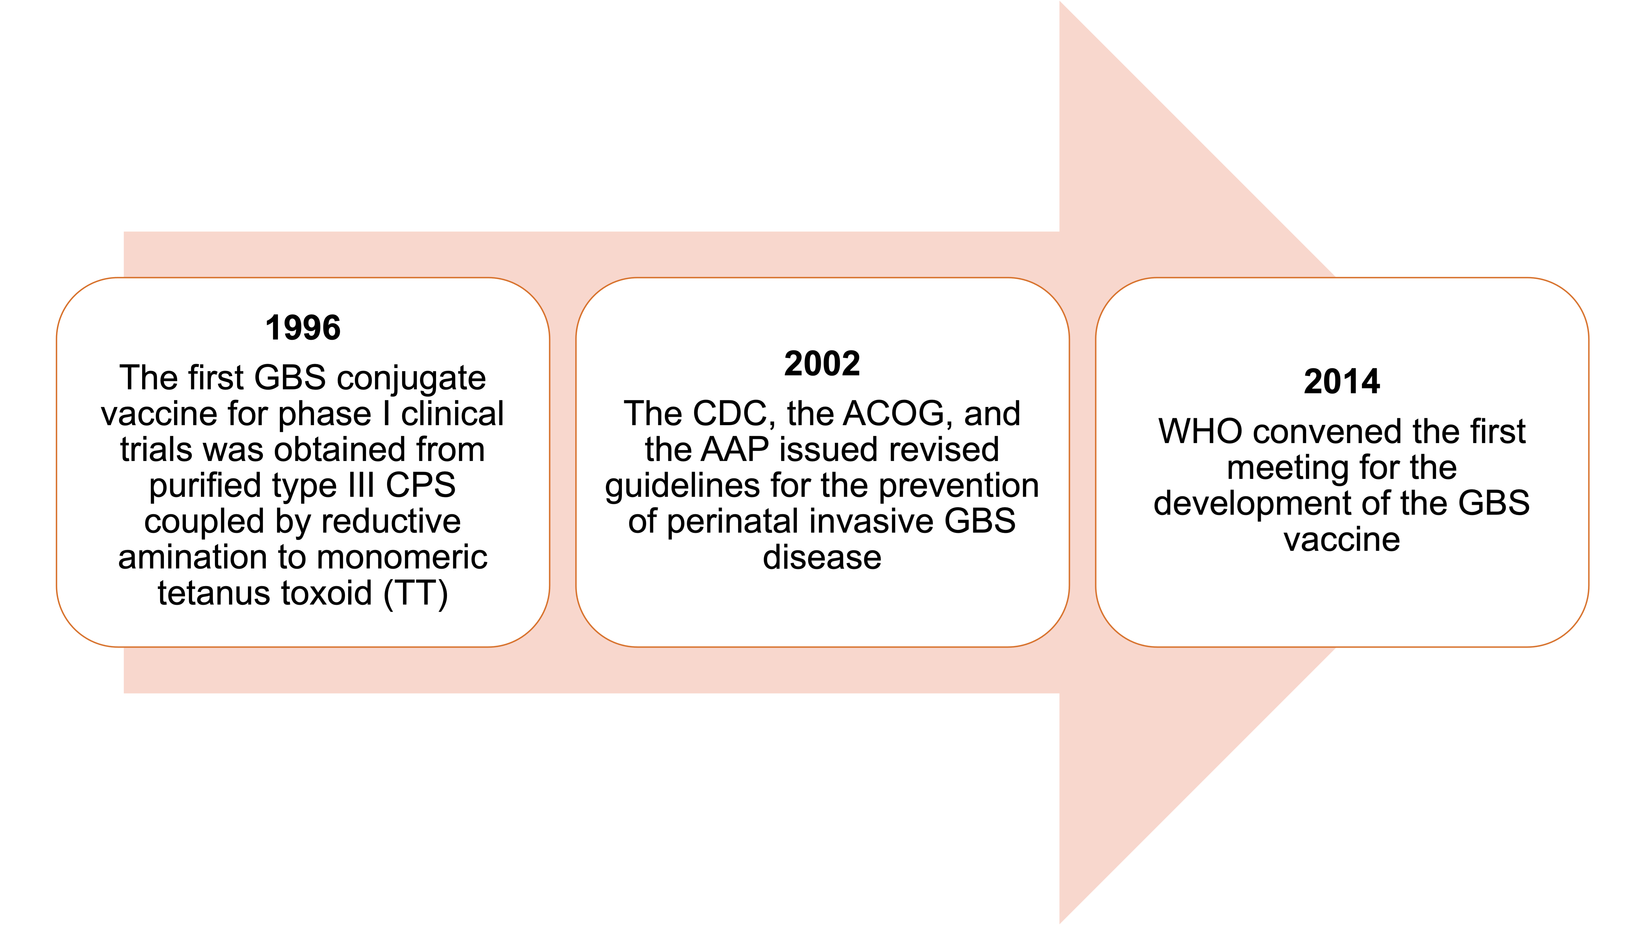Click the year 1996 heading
[303, 328]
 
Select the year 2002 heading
[822, 364]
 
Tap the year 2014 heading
[1342, 382]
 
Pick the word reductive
[391, 521]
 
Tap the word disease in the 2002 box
[822, 558]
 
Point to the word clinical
[453, 414]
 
